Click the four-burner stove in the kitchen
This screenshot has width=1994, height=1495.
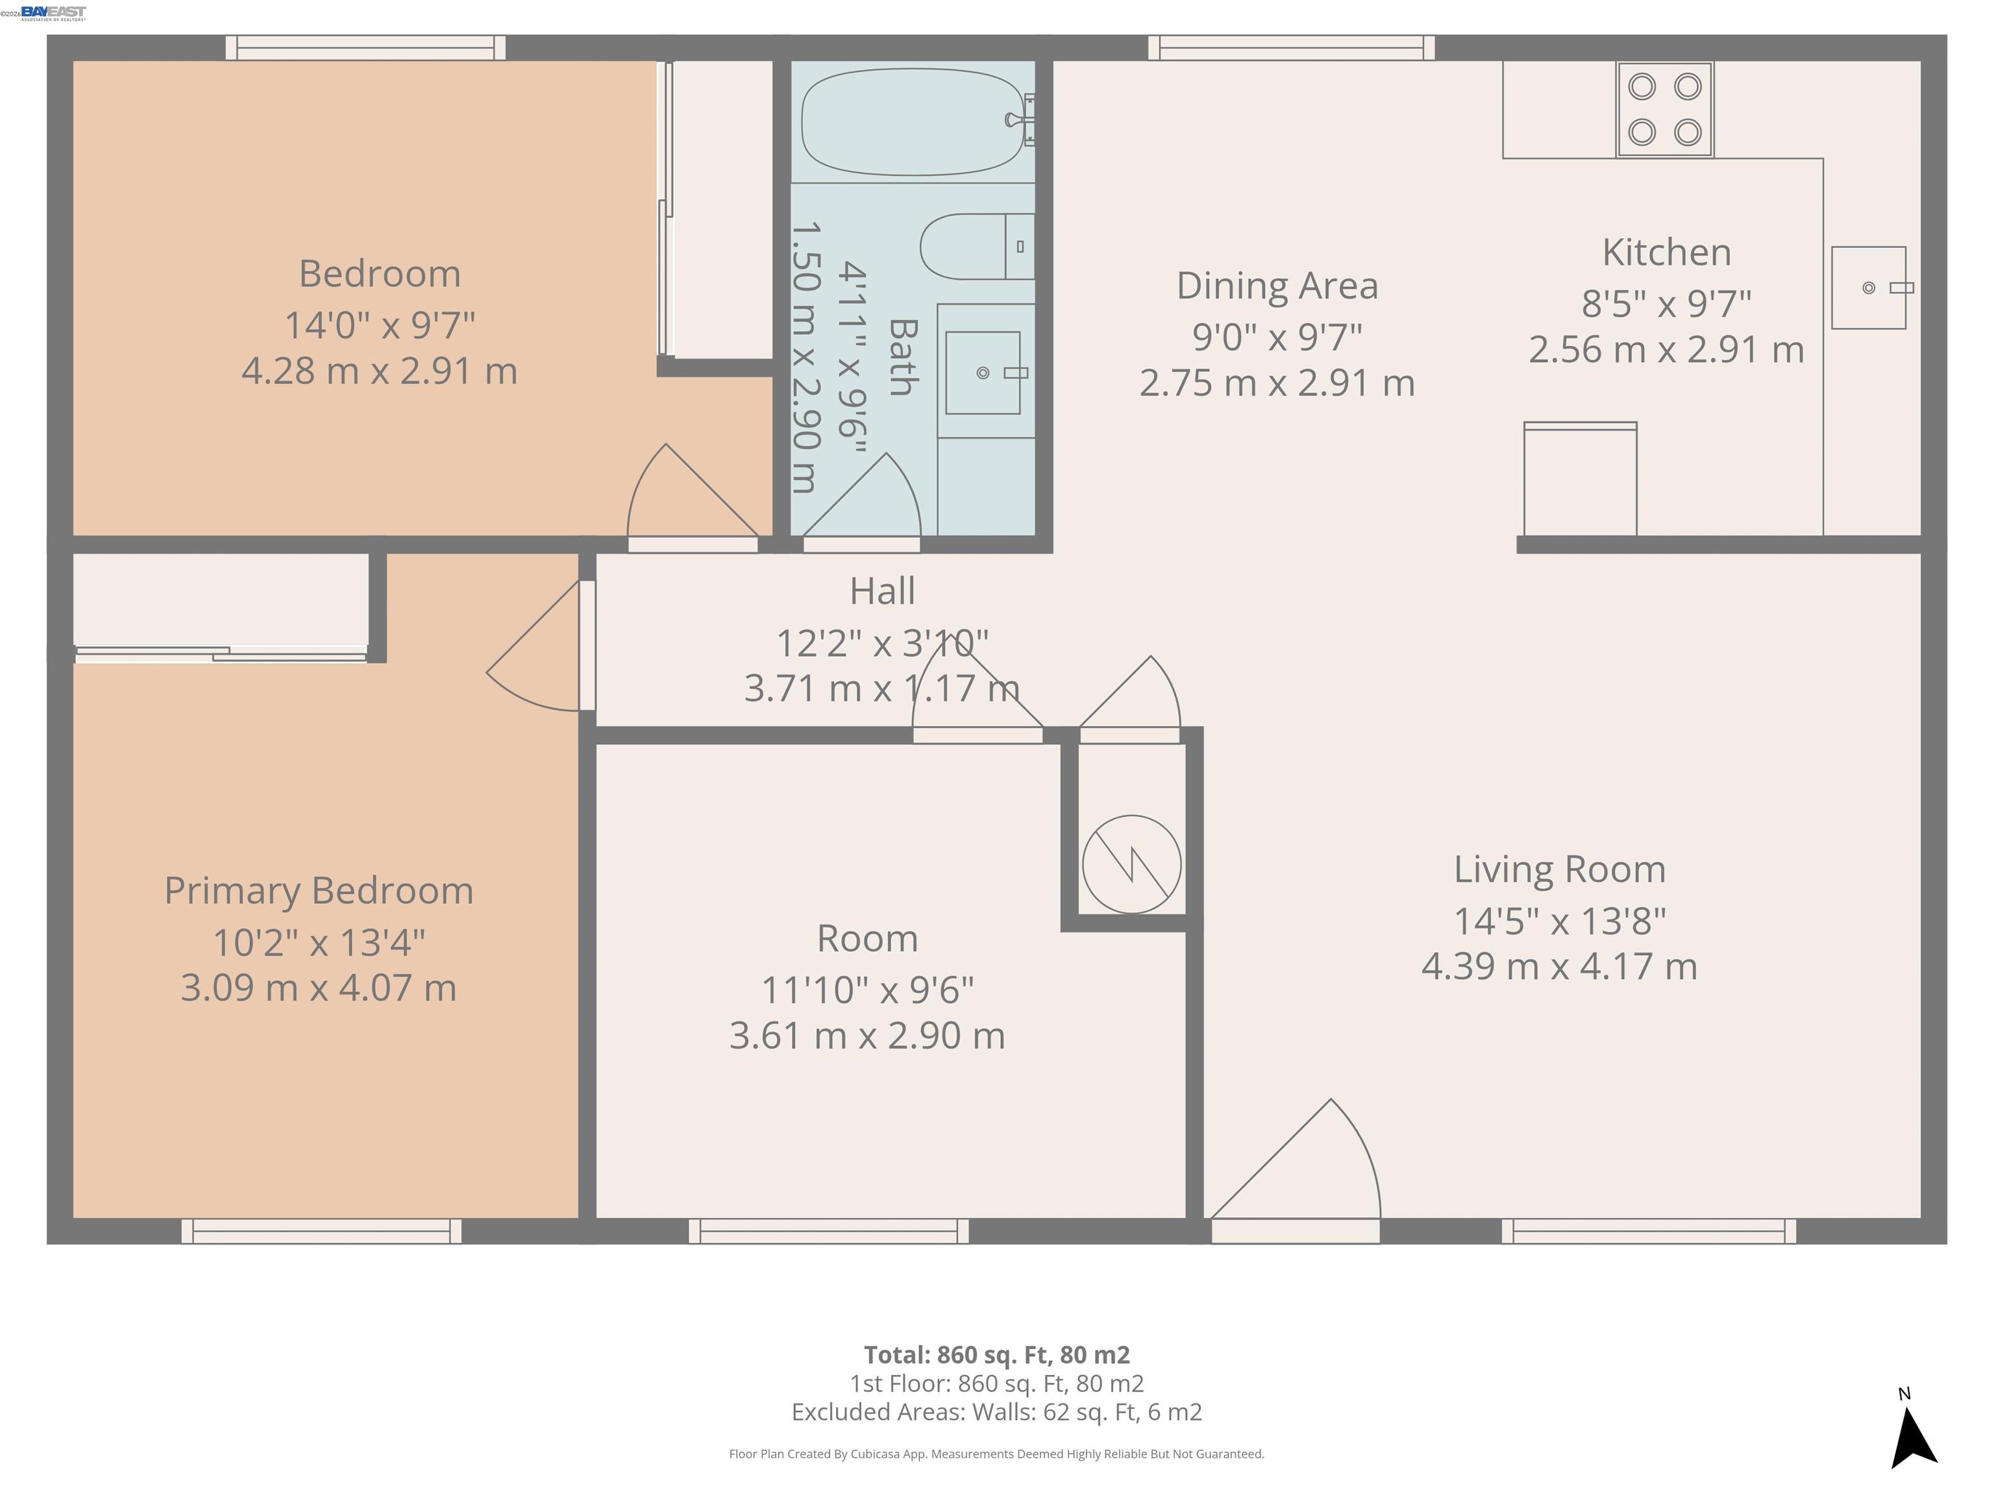(x=1664, y=110)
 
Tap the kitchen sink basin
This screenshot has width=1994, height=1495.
(x=1868, y=287)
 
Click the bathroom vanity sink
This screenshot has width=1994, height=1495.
(x=983, y=372)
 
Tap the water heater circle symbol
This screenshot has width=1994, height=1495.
(x=1131, y=864)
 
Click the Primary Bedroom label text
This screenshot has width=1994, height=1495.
(x=318, y=890)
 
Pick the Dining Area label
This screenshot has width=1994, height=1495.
(x=1277, y=286)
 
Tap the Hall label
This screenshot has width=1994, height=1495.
(x=881, y=591)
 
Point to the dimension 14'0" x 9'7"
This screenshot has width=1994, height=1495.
(x=380, y=324)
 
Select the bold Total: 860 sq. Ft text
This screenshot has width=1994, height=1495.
(x=996, y=1354)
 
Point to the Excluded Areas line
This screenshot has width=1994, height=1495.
(x=996, y=1412)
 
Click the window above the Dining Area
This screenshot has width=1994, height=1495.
(x=1291, y=48)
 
